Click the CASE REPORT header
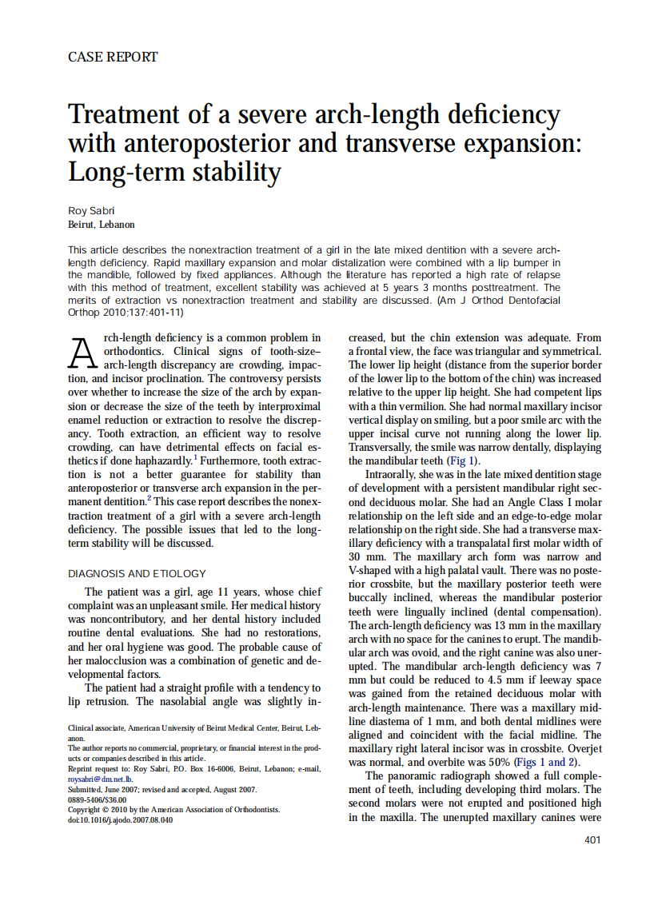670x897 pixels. pyautogui.click(x=113, y=57)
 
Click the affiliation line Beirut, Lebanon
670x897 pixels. pyautogui.click(x=102, y=225)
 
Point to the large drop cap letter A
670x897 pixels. pyautogui.click(x=82, y=352)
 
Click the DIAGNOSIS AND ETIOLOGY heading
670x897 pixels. pyautogui.click(x=137, y=573)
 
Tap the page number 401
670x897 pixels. pyautogui.click(x=592, y=839)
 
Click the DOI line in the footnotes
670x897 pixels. pyautogui.click(x=120, y=819)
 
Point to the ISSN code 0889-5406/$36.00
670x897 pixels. pyautogui.click(x=98, y=799)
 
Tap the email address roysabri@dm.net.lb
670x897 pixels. pyautogui.click(x=99, y=778)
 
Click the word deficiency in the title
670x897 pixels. pyautogui.click(x=502, y=114)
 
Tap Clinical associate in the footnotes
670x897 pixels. pyautogui.click(x=96, y=728)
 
